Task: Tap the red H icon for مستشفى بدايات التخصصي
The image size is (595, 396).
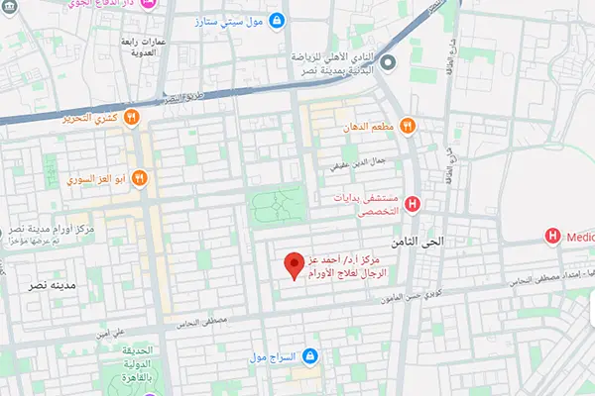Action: [413, 205]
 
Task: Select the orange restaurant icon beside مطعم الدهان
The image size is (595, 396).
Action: [408, 127]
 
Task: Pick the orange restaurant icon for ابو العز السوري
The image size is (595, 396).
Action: [139, 179]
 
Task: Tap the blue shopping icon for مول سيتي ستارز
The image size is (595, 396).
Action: [276, 20]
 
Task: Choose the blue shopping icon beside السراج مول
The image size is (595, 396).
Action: [310, 355]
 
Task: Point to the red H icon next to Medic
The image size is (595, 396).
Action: [552, 236]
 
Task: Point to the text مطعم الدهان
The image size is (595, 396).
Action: [370, 127]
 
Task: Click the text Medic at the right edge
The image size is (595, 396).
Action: [578, 236]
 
